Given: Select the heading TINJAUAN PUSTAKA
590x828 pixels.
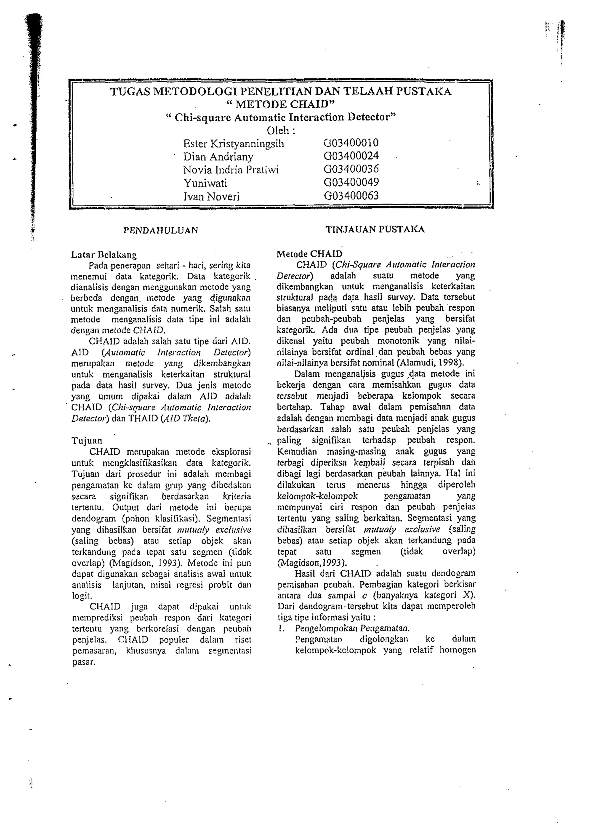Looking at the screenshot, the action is [x=375, y=230].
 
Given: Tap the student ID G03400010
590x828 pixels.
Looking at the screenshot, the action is [x=351, y=143].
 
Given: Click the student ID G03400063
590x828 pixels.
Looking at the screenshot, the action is [x=351, y=196].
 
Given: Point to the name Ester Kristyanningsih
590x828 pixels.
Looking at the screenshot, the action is [x=234, y=144].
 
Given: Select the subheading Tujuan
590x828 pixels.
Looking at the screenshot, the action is [x=87, y=441].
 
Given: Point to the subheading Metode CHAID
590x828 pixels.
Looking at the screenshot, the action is [x=309, y=254].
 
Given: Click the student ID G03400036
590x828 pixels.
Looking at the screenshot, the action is [x=351, y=169].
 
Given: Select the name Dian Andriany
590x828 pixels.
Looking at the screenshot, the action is [x=218, y=157].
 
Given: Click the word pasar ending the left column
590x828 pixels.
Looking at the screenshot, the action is [x=84, y=662].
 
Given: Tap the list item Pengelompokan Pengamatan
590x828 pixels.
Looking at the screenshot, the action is [x=352, y=628].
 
